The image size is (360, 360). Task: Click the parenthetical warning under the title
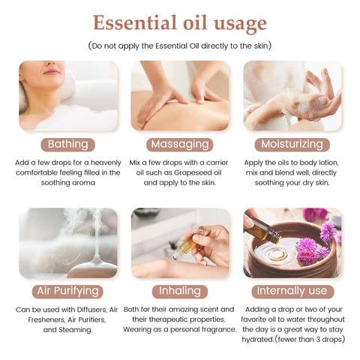179,46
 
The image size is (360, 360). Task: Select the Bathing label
67,144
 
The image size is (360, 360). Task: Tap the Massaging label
180,144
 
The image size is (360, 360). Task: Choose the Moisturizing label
292,144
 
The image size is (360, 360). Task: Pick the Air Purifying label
67,290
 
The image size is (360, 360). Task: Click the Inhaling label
180,290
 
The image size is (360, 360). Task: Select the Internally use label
292,290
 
